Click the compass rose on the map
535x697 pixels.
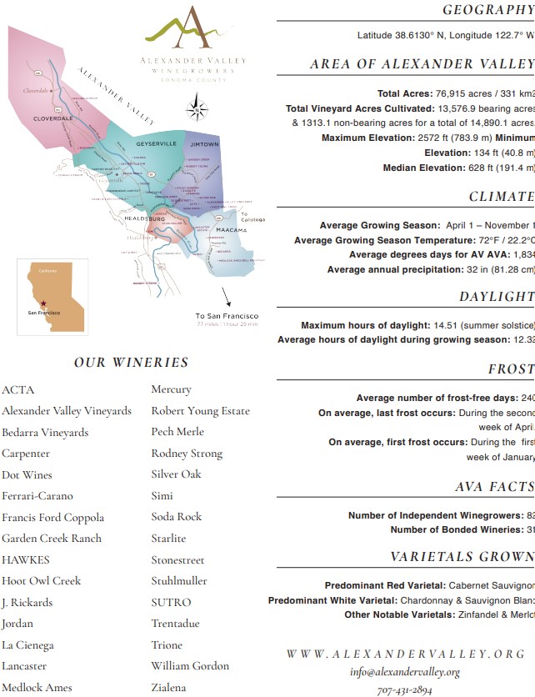point(196,107)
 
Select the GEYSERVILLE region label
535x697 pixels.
point(157,143)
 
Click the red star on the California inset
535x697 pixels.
point(42,304)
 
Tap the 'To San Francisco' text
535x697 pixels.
point(227,316)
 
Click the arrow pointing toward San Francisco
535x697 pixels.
point(227,298)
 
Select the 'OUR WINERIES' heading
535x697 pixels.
point(131,363)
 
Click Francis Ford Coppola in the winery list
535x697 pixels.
point(53,518)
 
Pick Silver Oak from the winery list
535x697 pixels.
point(177,474)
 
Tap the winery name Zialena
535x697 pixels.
point(168,688)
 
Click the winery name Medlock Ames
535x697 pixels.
point(37,688)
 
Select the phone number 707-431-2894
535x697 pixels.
point(404,690)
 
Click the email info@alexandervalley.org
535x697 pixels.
point(405,672)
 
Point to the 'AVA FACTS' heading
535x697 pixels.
point(494,487)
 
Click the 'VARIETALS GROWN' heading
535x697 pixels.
point(462,557)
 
